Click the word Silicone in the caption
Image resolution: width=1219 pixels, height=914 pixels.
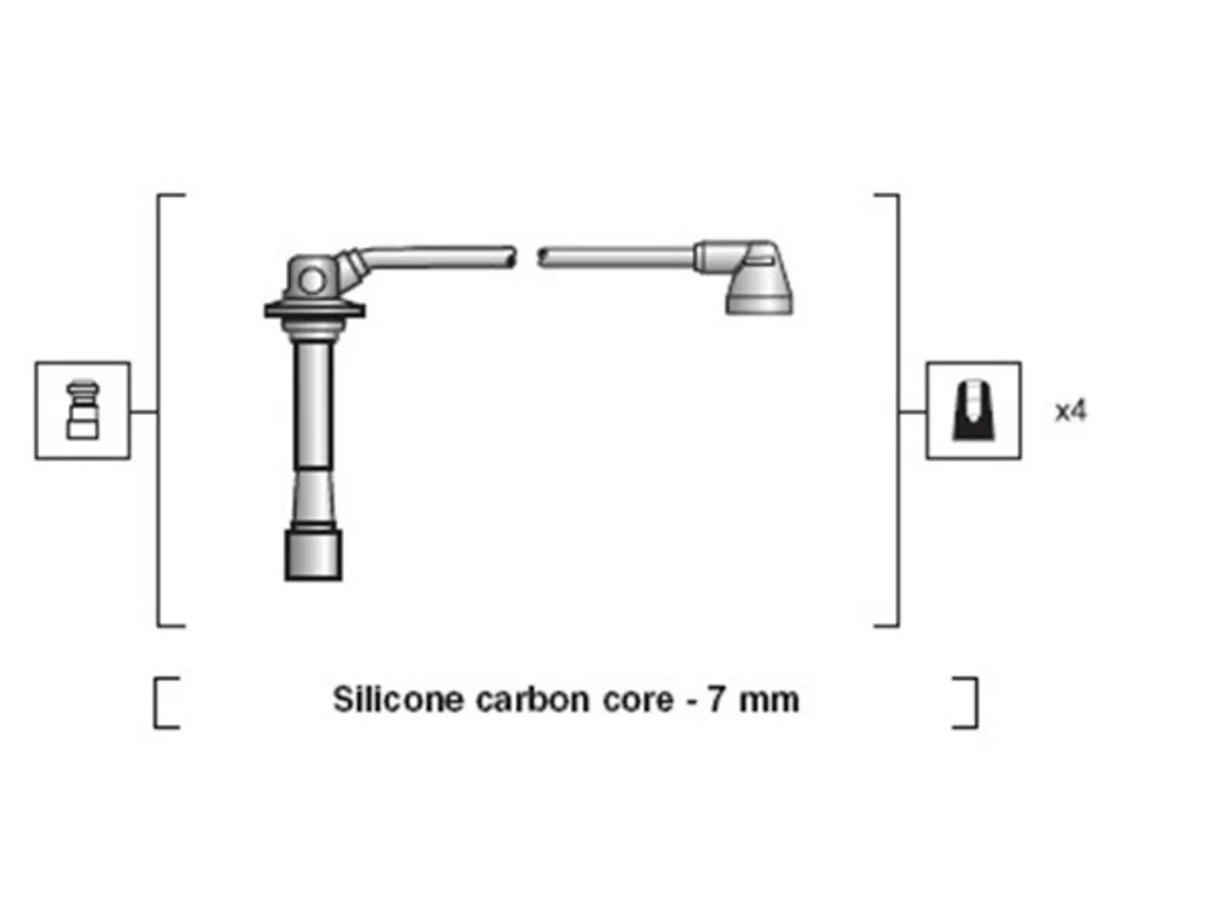click(x=398, y=699)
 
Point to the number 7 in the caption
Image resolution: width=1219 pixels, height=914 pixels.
click(x=716, y=701)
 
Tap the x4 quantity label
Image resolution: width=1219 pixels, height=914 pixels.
click(x=1069, y=411)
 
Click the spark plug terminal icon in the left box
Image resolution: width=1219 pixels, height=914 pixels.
click(x=83, y=409)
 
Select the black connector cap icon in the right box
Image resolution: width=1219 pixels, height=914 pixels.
click(x=973, y=409)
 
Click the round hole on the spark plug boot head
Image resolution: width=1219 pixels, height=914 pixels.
click(x=311, y=281)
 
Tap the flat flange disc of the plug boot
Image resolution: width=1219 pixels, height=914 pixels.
click(x=314, y=310)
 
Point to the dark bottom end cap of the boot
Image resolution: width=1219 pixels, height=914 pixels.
click(x=313, y=555)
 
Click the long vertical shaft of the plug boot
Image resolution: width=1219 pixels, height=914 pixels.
click(x=313, y=407)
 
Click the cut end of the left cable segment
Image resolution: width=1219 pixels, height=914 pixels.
click(x=512, y=257)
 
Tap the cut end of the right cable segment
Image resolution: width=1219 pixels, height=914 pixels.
click(x=542, y=257)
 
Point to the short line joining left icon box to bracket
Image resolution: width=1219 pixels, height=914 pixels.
click(x=144, y=411)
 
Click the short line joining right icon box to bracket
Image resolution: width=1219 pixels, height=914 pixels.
click(x=912, y=411)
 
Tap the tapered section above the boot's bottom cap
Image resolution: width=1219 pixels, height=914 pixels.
click(x=313, y=497)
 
